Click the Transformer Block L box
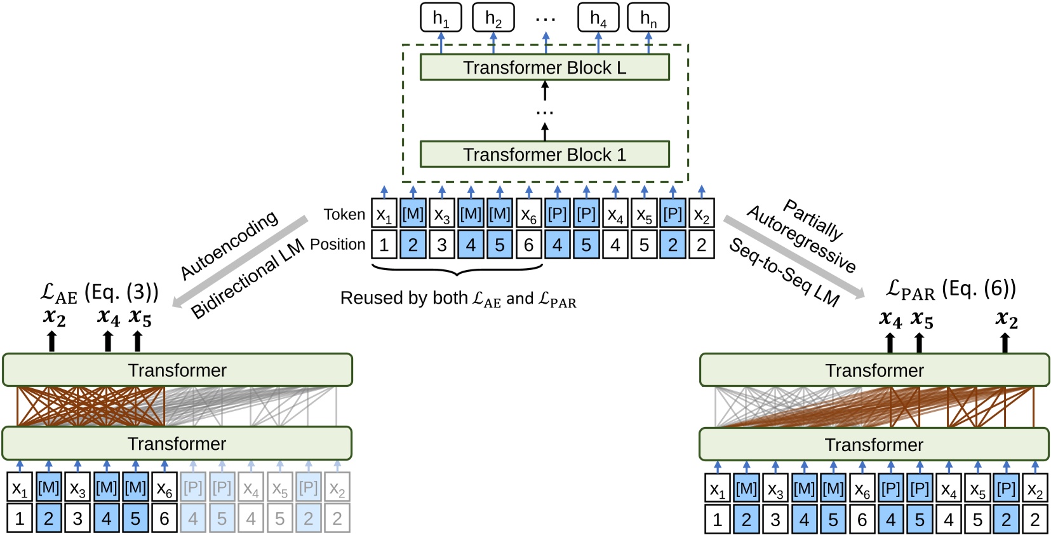[x=544, y=67]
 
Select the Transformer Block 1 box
[x=544, y=154]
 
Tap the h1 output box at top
[x=441, y=18]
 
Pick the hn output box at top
[x=648, y=18]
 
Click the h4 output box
[x=598, y=18]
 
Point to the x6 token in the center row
[x=528, y=215]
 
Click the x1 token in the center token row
[x=384, y=215]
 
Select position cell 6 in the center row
[x=528, y=245]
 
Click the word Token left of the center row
[x=344, y=215]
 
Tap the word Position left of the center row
[x=337, y=245]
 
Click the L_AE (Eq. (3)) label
[x=99, y=292]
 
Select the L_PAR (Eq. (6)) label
[x=951, y=289]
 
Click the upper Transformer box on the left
[x=177, y=370]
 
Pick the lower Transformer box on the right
[x=874, y=445]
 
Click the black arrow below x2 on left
[x=52, y=341]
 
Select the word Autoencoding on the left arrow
[x=229, y=245]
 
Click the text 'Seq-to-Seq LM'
[x=784, y=272]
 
